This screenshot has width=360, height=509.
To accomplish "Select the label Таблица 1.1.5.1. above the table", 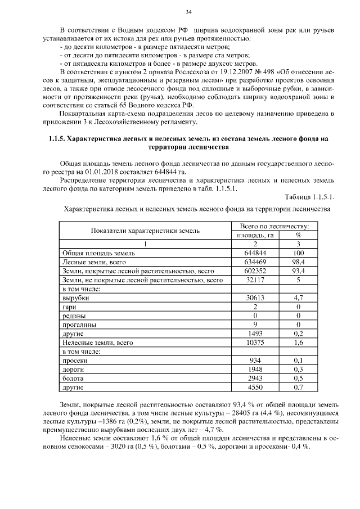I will [310, 197].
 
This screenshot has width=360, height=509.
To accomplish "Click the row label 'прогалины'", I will [79, 325].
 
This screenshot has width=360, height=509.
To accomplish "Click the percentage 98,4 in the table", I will [298, 262].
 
